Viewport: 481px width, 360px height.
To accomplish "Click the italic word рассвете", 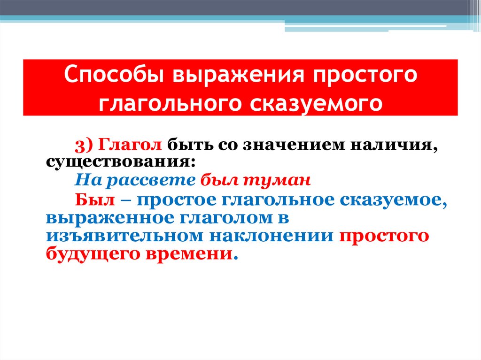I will [150, 180].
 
